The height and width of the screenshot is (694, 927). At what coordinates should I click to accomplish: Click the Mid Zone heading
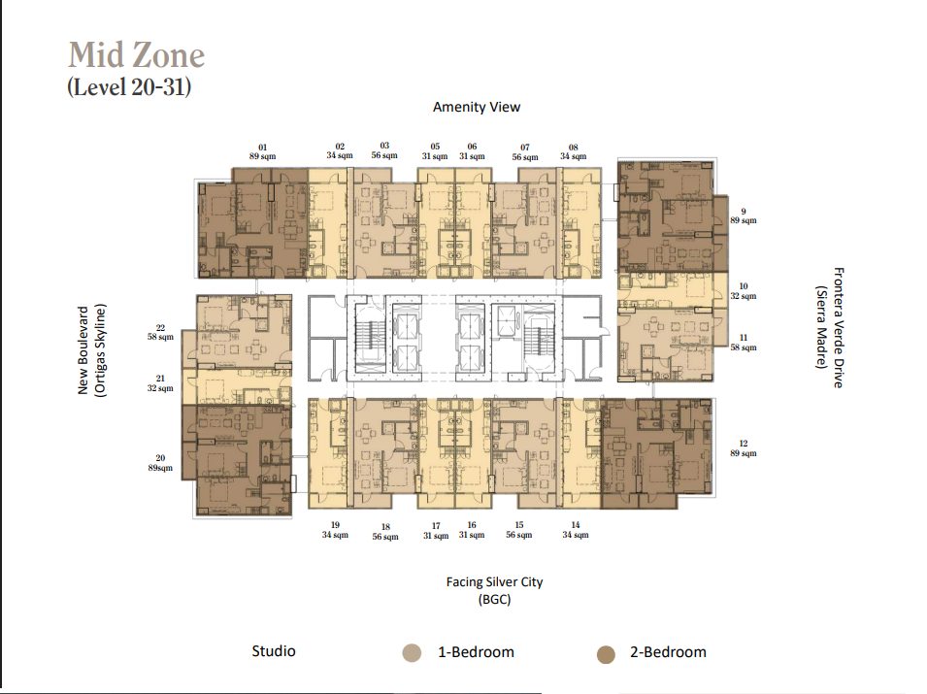tap(137, 55)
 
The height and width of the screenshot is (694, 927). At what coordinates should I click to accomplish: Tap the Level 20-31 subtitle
tap(129, 87)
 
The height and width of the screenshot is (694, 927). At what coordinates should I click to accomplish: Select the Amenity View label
tap(477, 107)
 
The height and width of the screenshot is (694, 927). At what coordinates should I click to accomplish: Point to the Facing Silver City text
tap(494, 581)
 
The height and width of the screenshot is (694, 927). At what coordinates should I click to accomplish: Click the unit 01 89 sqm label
tap(262, 152)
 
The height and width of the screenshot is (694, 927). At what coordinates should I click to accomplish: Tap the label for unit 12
tap(744, 448)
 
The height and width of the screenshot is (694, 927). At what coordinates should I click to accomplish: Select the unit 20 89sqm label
tap(160, 463)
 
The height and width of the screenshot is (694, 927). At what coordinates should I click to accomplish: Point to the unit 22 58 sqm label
tap(160, 332)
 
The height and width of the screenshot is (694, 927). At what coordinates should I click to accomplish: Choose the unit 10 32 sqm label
tap(744, 291)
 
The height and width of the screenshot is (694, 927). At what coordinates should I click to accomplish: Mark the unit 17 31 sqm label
tap(436, 531)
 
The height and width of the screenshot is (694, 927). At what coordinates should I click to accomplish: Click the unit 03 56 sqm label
tap(384, 150)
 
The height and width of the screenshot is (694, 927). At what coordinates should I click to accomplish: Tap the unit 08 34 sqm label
tap(574, 152)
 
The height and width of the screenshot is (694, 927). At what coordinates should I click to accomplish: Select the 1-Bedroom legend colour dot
tap(412, 653)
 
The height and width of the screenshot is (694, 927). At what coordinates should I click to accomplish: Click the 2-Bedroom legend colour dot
tap(606, 654)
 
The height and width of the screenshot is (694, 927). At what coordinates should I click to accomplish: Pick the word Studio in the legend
tap(274, 651)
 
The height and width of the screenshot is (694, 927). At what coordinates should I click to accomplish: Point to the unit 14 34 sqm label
tap(576, 530)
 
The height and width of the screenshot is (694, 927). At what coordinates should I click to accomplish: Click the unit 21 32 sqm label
tap(160, 383)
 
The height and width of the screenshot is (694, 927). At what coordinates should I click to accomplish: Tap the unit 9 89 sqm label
tap(744, 215)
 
